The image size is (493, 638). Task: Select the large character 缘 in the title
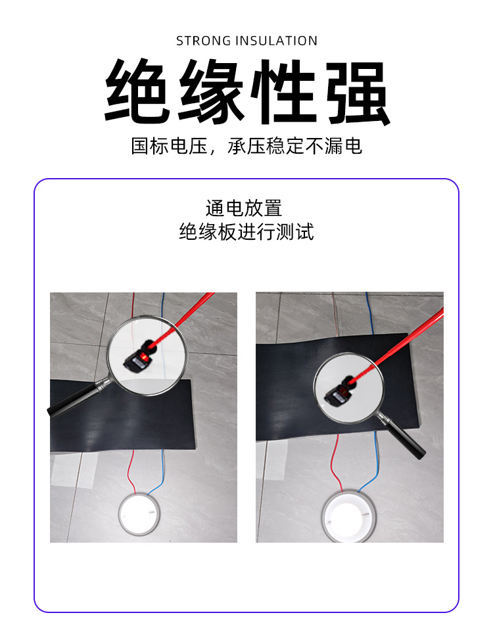(210, 92)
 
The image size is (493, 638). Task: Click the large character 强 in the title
(357, 92)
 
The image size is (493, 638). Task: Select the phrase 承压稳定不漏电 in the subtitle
(294, 146)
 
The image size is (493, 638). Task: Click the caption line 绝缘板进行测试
(246, 232)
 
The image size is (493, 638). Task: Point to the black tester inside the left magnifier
(139, 359)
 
